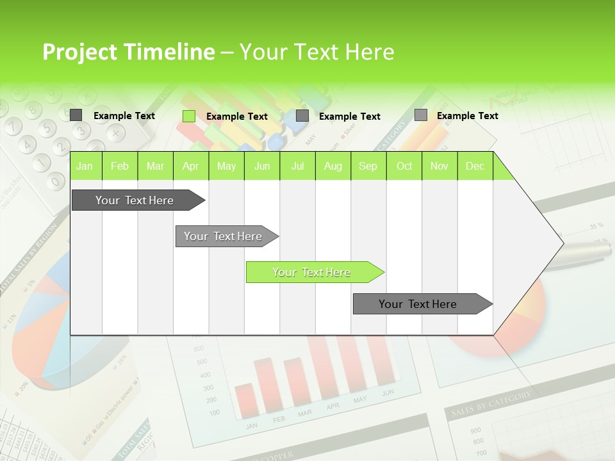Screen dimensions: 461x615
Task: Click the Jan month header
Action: pos(85,166)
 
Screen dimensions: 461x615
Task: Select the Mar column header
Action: pos(155,166)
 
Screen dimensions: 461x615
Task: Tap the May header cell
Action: pos(226,166)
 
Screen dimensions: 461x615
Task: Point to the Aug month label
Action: pos(332,166)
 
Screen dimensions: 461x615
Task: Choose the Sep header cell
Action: pos(368,166)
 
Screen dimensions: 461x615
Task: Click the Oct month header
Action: pos(404,166)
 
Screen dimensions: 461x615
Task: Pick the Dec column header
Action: pos(475,166)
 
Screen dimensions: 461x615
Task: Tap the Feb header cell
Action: pos(120,166)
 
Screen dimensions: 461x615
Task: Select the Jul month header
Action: pos(297,166)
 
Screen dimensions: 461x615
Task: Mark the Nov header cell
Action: pos(439,166)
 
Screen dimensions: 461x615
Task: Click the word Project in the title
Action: pos(79,53)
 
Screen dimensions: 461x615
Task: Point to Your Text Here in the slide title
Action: pos(316,53)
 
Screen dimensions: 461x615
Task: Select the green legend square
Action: pos(189,116)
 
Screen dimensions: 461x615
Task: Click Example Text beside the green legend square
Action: pos(237,117)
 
